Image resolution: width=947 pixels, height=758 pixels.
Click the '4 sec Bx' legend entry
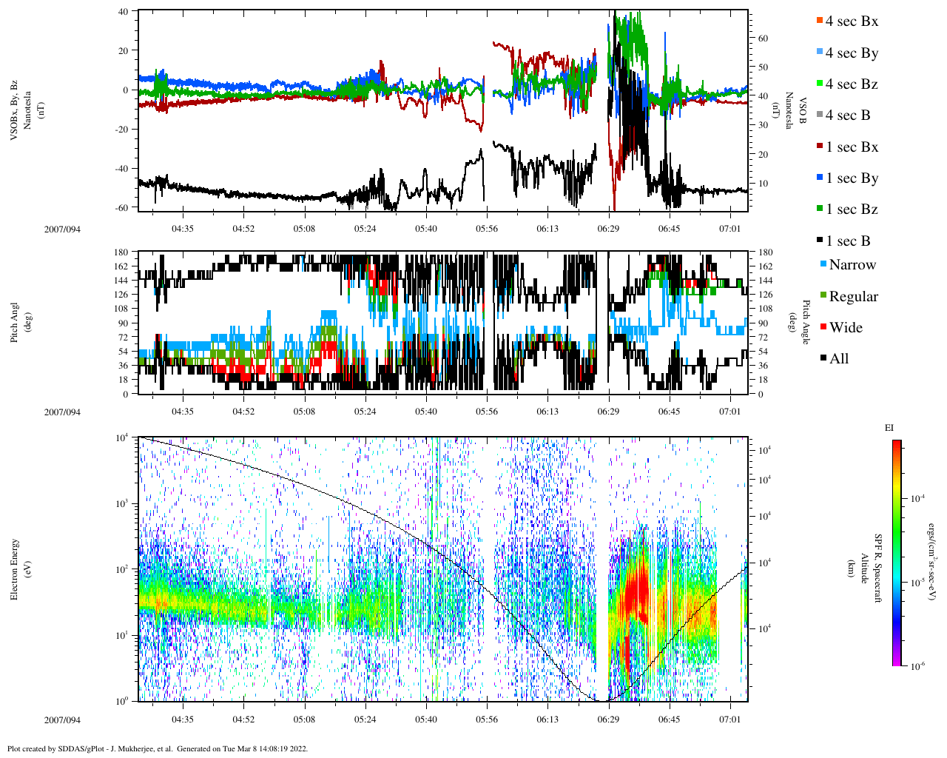(x=852, y=21)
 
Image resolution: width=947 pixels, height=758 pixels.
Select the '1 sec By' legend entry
(x=852, y=178)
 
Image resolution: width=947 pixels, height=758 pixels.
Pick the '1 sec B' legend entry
(x=848, y=241)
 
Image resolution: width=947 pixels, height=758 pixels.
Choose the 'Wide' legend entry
(x=846, y=328)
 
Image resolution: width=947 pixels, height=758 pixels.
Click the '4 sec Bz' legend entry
(x=852, y=84)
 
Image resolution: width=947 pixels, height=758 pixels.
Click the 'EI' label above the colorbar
(x=889, y=428)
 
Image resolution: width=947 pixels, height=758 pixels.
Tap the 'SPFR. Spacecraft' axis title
(x=878, y=568)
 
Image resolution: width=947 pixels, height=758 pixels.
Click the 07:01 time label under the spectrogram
(x=730, y=720)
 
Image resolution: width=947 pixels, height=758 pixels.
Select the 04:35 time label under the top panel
(x=183, y=229)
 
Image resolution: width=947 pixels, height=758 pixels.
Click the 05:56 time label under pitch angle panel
(x=486, y=412)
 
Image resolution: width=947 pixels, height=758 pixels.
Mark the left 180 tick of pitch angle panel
(x=121, y=252)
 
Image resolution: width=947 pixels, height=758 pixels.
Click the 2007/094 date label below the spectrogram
(x=62, y=720)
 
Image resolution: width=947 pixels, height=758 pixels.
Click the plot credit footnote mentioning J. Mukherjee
(x=158, y=748)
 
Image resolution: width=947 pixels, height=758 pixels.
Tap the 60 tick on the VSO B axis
(x=762, y=38)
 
